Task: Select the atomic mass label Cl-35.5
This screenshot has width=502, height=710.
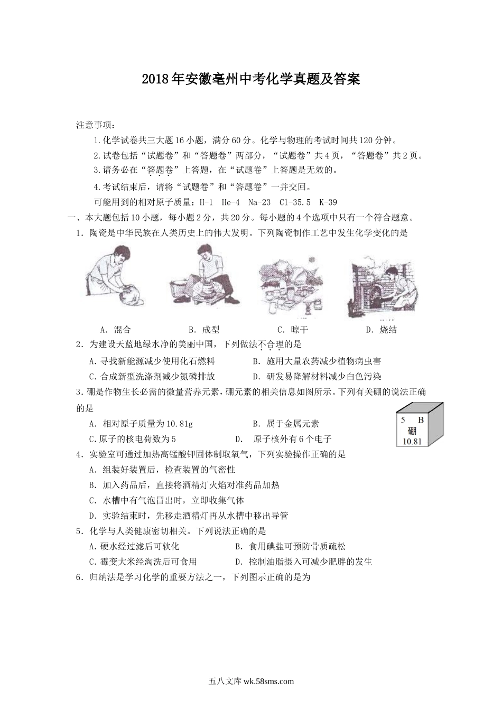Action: [295, 202]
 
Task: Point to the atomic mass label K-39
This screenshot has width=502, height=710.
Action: [328, 202]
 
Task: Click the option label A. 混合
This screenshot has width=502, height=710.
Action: [115, 330]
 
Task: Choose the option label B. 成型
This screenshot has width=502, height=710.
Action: [204, 330]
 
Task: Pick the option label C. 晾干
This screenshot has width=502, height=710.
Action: [293, 330]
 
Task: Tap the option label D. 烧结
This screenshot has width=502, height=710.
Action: [381, 330]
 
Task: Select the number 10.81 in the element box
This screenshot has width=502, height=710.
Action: [412, 441]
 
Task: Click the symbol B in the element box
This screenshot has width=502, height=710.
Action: [421, 421]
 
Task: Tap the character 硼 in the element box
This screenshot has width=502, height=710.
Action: [412, 431]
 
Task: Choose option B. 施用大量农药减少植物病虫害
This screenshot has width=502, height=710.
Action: [317, 361]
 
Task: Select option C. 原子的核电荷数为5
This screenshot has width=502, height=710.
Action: [133, 439]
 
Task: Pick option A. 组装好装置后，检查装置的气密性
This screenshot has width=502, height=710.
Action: [162, 470]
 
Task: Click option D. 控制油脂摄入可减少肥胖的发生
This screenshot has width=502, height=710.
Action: [303, 562]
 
